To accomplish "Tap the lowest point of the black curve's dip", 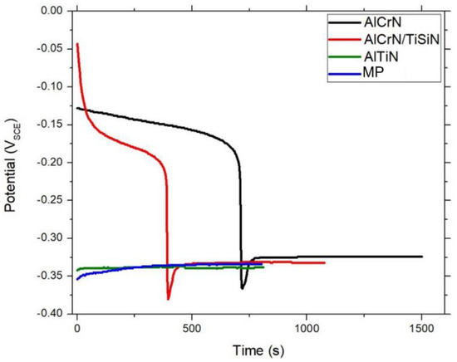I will [243, 288].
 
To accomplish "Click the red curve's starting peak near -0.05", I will [77, 44].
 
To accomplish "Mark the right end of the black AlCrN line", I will [422, 257].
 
